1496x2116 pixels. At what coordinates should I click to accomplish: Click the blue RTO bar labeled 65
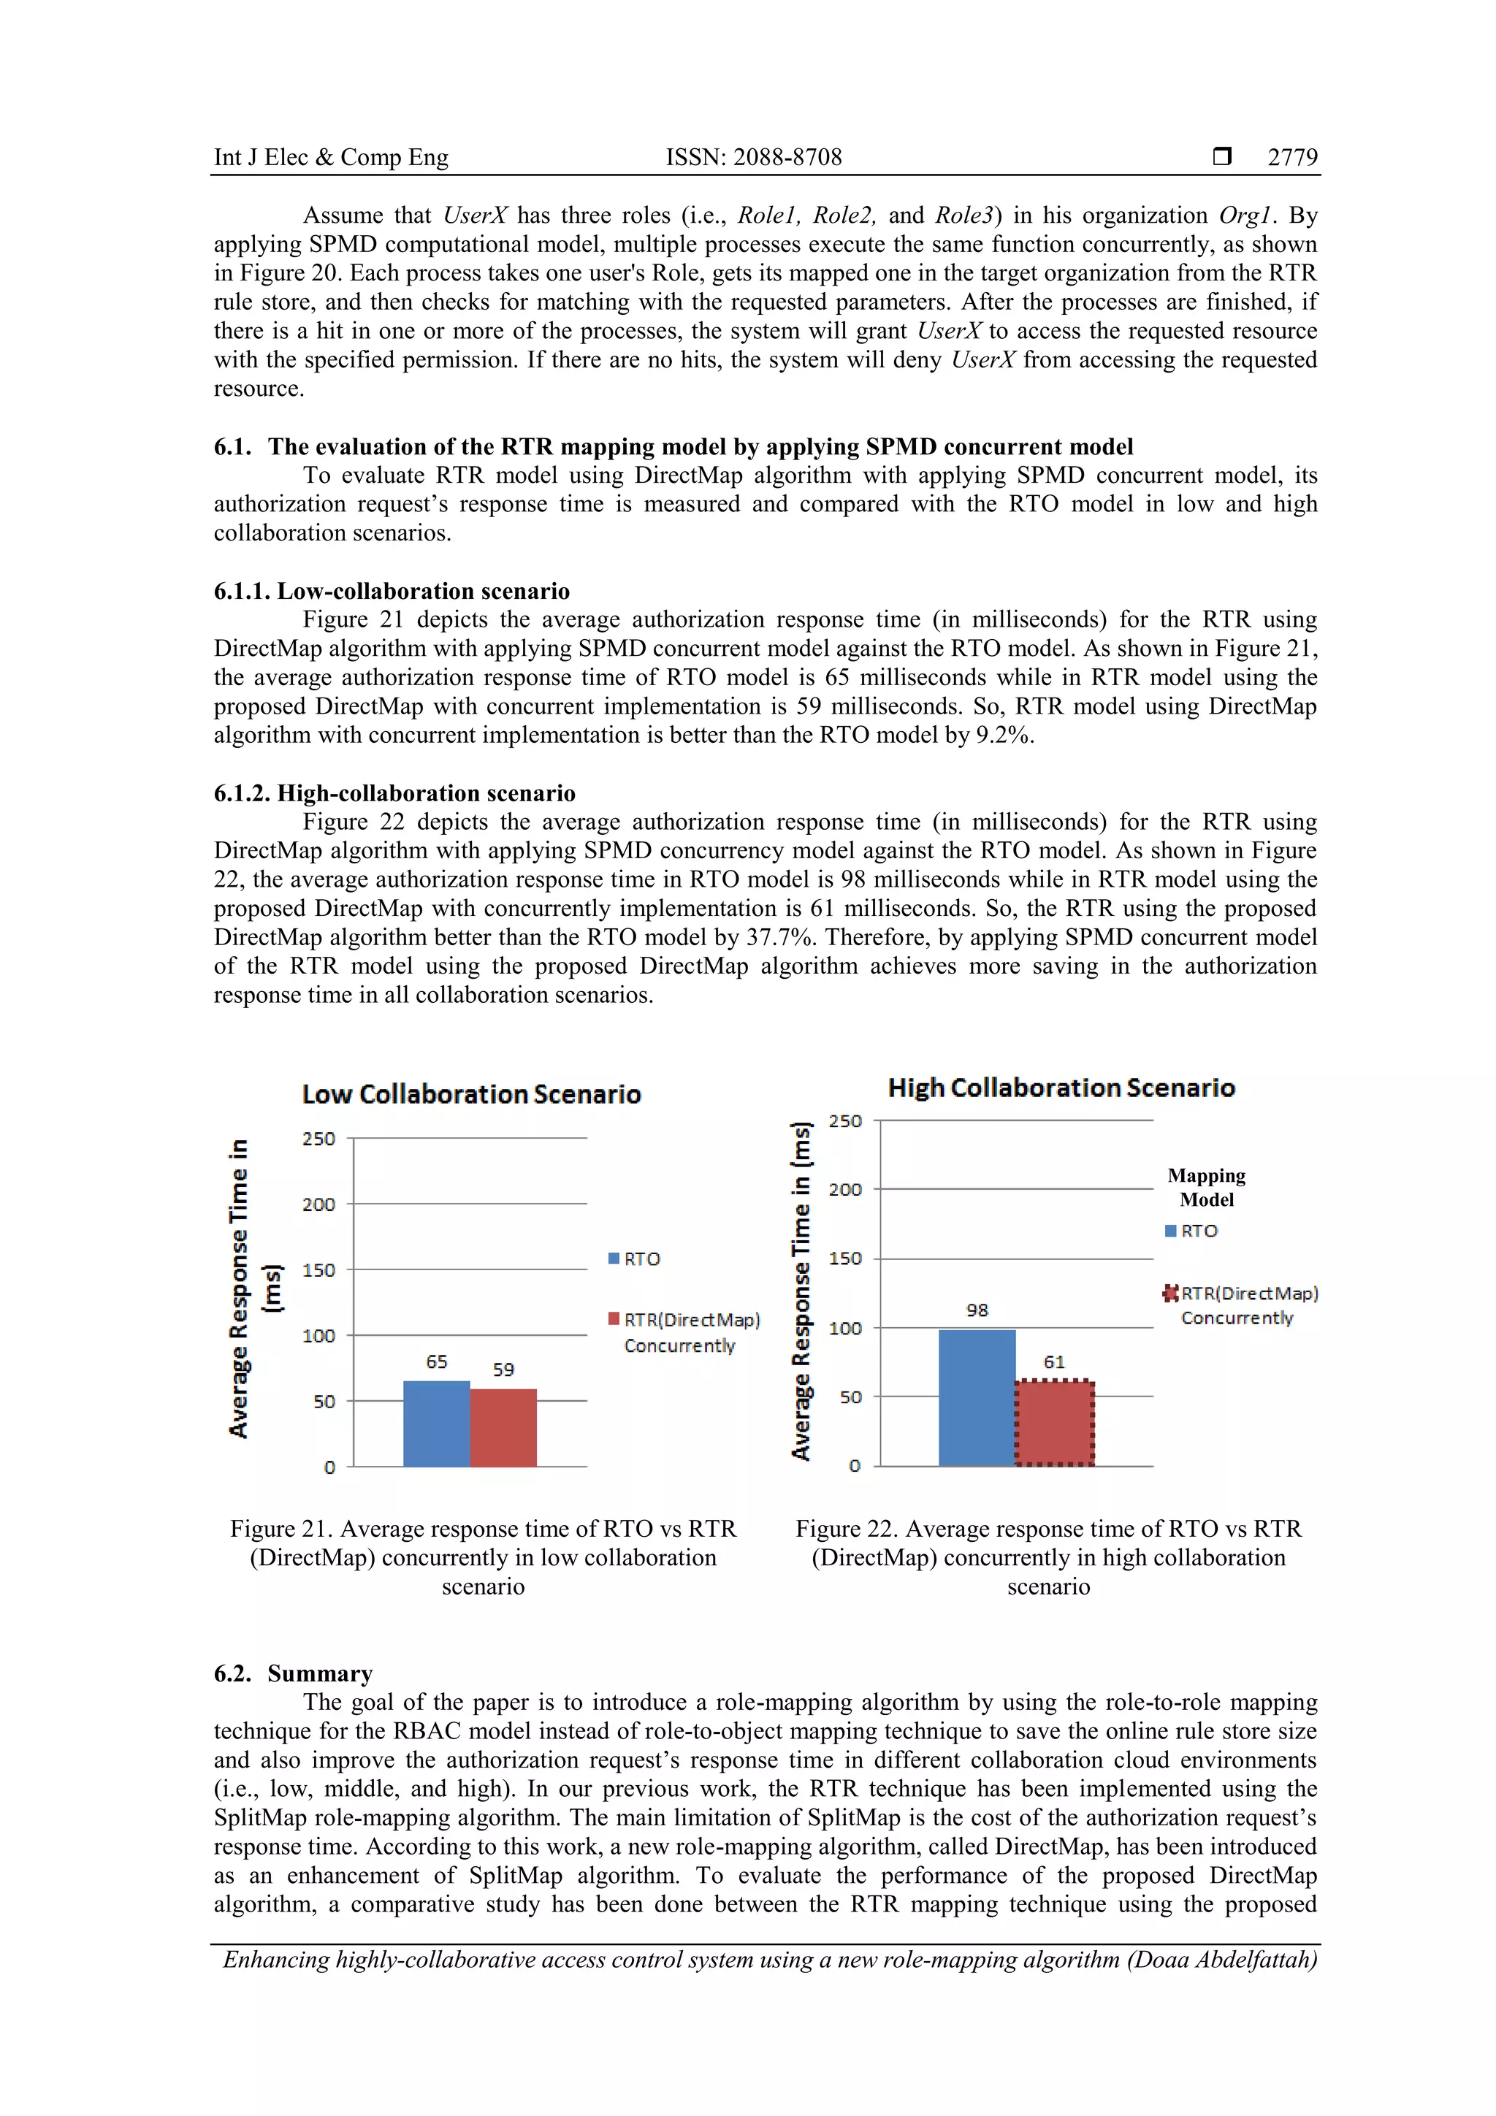click(436, 1424)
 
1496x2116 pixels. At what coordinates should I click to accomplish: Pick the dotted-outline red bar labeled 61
click(1055, 1423)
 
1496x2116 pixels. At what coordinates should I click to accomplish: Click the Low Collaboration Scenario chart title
click(471, 1094)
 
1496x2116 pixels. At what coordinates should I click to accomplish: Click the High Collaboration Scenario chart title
click(1061, 1088)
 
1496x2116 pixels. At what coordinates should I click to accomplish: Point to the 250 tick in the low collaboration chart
click(319, 1139)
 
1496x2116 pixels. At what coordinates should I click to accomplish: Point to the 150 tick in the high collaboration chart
click(844, 1259)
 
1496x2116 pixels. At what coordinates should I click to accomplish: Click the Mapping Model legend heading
click(1206, 1187)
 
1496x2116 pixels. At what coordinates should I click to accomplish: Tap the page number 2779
click(1292, 158)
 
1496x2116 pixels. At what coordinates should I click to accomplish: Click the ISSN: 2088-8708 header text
click(753, 158)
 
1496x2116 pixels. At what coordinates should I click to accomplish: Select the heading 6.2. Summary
click(293, 1673)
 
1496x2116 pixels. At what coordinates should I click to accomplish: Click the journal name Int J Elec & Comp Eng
click(331, 158)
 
